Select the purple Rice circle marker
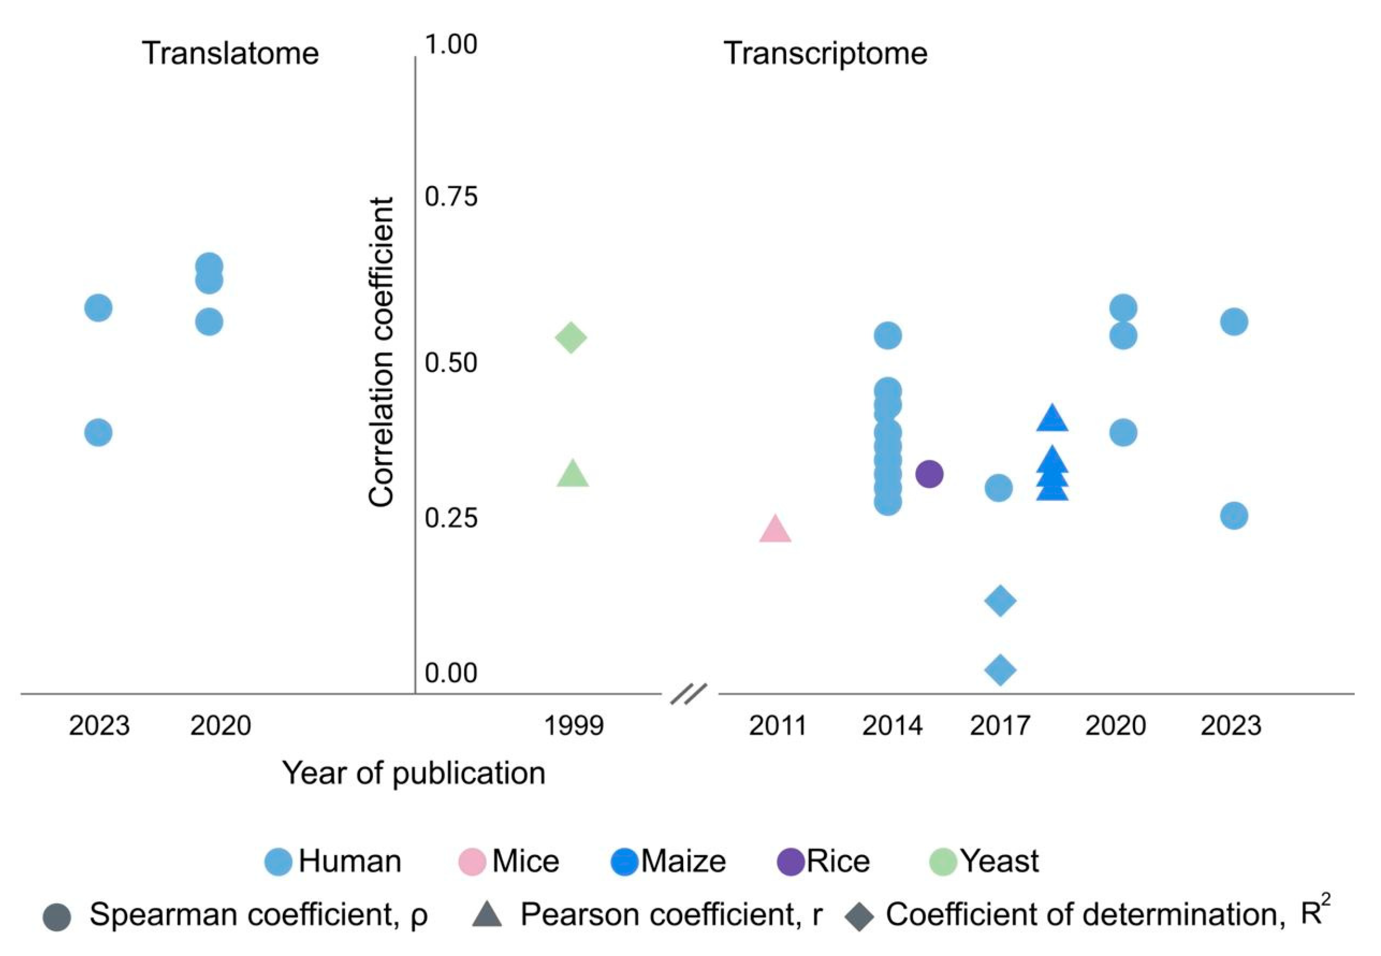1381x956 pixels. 929,474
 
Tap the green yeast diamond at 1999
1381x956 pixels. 571,337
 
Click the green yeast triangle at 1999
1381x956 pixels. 572,474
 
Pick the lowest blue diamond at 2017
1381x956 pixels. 1000,669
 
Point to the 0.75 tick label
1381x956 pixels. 451,197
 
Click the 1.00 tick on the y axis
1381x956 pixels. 451,44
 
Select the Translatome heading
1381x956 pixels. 230,53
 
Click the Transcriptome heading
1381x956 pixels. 825,53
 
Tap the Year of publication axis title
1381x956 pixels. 414,773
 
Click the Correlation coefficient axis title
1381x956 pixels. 381,352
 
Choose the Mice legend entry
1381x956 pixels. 509,861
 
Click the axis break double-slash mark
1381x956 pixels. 689,694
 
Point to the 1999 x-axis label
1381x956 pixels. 573,726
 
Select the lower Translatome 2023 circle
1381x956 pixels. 98,432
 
